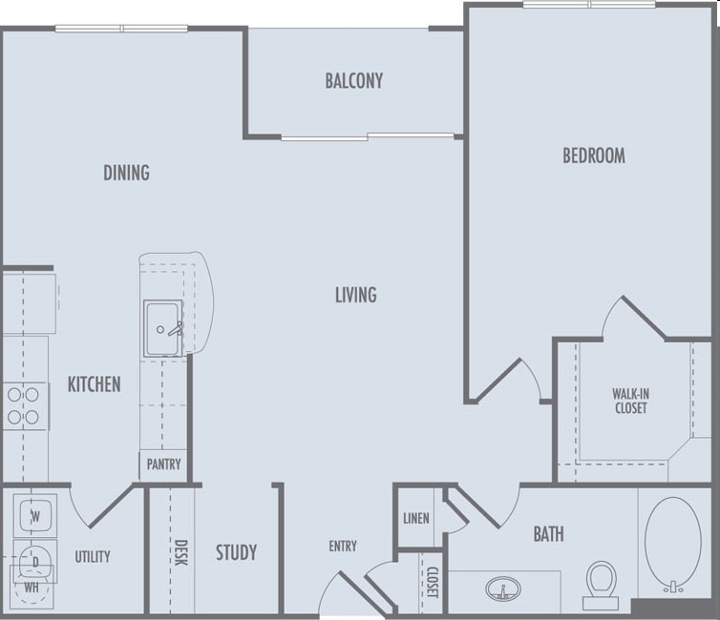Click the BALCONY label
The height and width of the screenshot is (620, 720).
[353, 81]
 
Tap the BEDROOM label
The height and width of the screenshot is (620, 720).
[593, 155]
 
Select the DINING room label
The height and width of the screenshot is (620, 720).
[127, 173]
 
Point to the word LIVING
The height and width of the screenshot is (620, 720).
[355, 295]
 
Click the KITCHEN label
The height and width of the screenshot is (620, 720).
[95, 384]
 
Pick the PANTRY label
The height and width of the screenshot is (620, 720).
[162, 466]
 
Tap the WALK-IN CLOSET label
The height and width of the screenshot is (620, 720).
[629, 401]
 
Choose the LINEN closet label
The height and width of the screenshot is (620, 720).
[415, 518]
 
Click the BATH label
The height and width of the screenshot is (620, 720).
[548, 534]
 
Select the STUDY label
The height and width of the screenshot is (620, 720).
[236, 552]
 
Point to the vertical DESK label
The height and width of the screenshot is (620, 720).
[180, 552]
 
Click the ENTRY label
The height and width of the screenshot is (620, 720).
[343, 546]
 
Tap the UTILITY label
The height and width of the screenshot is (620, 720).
[92, 556]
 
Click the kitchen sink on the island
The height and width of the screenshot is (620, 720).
[163, 328]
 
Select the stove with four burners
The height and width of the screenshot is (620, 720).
[24, 404]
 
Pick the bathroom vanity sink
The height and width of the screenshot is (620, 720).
[500, 588]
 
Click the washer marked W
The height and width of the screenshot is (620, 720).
[35, 516]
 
